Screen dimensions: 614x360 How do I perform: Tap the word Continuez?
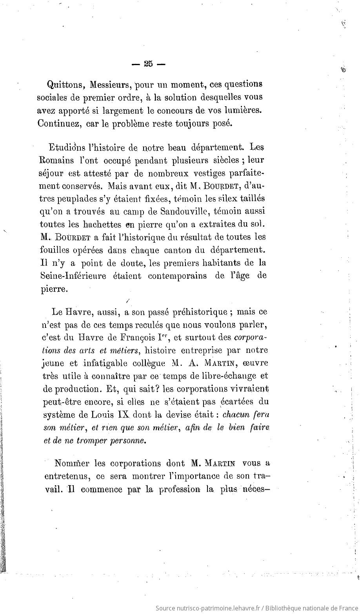click(60, 123)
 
